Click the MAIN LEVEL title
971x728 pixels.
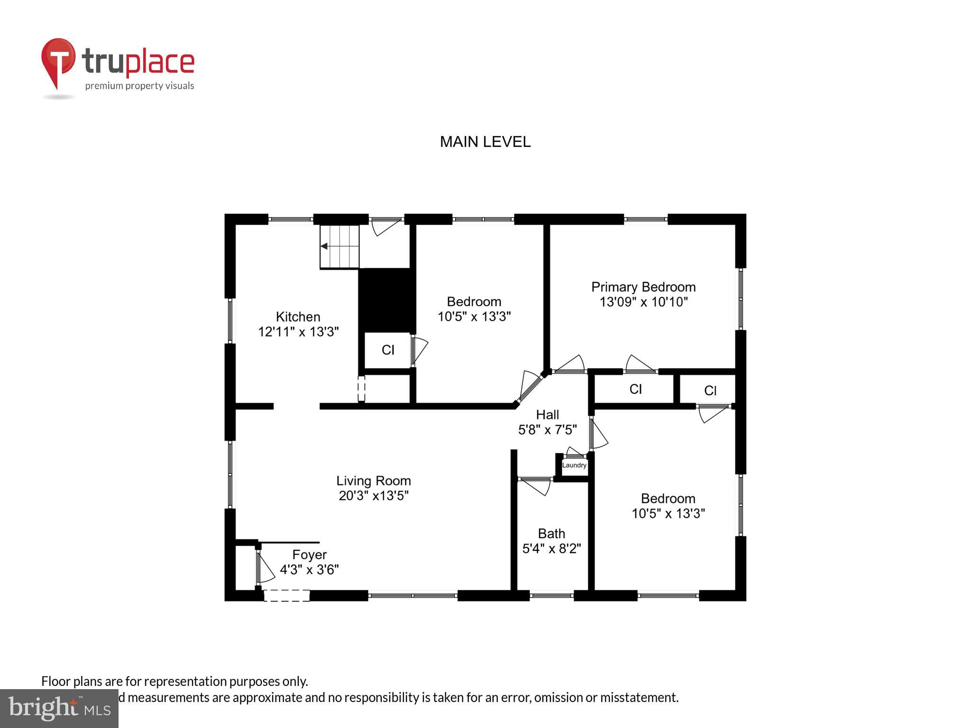click(485, 142)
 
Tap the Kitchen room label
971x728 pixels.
click(298, 317)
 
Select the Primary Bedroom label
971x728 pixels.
click(643, 287)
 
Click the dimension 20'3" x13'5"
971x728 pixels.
click(374, 496)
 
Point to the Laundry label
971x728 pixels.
click(574, 465)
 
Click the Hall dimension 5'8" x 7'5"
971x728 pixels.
click(547, 430)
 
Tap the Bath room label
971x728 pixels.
click(551, 534)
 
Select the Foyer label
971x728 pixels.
click(309, 555)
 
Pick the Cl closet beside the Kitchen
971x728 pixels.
click(388, 350)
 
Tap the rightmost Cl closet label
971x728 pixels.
click(710, 391)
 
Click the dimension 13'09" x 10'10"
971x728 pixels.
click(643, 302)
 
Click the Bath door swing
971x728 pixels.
click(538, 486)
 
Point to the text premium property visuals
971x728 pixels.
click(139, 86)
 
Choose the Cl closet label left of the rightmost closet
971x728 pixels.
click(635, 389)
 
